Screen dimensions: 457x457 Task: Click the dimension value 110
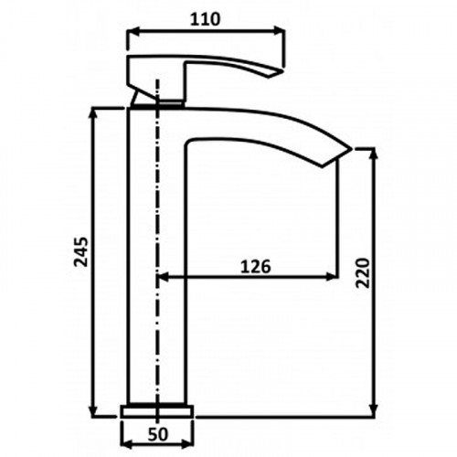[205, 19]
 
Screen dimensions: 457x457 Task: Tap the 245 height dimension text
[81, 251]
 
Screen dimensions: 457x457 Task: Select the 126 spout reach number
[255, 267]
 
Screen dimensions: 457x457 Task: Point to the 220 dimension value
[363, 273]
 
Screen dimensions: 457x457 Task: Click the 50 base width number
[158, 434]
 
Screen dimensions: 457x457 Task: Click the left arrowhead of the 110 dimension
[133, 31]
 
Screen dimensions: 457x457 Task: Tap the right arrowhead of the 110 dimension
[279, 31]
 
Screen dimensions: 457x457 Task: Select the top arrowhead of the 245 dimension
[93, 113]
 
